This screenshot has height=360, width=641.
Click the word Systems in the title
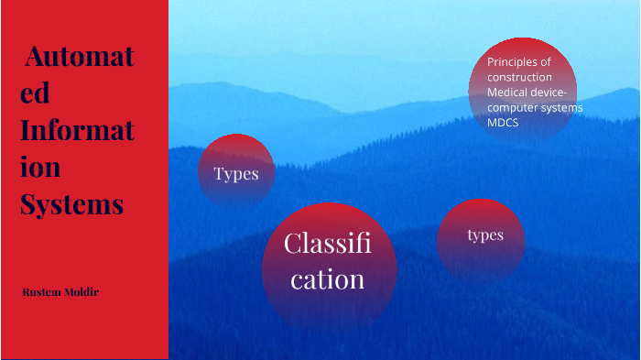(x=72, y=203)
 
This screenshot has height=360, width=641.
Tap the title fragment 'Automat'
(x=80, y=57)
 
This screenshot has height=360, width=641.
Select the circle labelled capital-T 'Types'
(x=236, y=173)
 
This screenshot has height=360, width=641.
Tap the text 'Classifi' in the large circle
(x=327, y=244)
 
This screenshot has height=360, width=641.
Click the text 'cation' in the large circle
(x=328, y=278)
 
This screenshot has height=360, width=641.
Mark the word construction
(x=519, y=77)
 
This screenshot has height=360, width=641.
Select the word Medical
(x=506, y=93)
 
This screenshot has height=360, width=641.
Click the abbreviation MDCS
(x=503, y=122)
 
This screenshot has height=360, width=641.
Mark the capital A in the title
(x=33, y=57)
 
